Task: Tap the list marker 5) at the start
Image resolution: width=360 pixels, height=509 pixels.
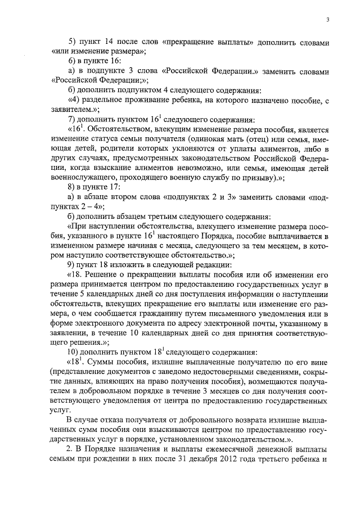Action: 71,43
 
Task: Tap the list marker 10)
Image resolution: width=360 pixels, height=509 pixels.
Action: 73,352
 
